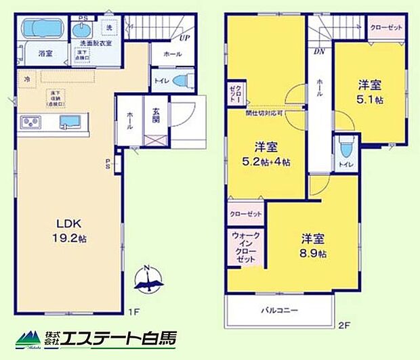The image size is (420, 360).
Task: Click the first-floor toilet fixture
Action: click(x=179, y=81)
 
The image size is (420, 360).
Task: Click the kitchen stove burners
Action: click(x=31, y=122)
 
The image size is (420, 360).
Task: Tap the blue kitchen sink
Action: click(x=69, y=122)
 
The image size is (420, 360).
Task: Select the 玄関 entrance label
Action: click(x=156, y=120)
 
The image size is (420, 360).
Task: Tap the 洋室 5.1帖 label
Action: click(x=371, y=91)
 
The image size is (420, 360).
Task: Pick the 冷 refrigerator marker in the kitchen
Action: click(x=28, y=79)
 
